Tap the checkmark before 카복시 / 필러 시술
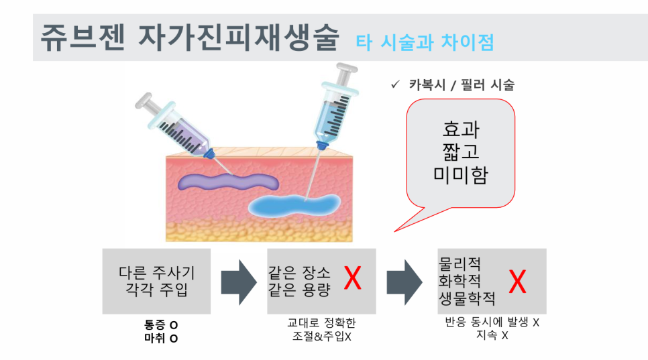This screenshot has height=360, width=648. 395,85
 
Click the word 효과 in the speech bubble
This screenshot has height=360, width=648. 460,128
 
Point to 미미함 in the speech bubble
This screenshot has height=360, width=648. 460,176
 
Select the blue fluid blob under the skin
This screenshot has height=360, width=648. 296,205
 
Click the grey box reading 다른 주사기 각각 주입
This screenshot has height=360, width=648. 156,282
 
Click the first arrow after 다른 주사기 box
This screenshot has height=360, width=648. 238,282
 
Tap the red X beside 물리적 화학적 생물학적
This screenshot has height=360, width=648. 517,282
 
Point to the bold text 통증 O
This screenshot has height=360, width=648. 162,324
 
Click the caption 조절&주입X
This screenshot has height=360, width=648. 322,336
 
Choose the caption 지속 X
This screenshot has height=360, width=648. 492,335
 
